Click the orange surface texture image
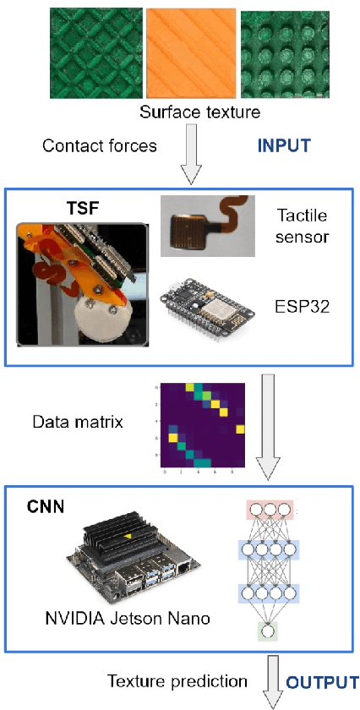(x=189, y=52)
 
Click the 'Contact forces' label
(x=100, y=145)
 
